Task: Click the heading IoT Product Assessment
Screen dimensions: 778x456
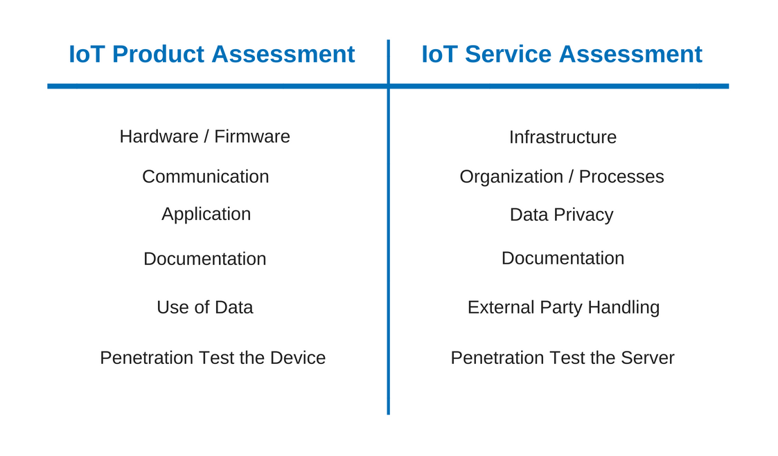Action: [x=212, y=54]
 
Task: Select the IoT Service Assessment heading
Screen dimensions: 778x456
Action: [x=562, y=54]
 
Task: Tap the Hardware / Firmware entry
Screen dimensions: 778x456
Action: [x=205, y=136]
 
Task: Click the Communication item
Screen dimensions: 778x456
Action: [x=206, y=176]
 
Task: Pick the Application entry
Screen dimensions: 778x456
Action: [x=206, y=215]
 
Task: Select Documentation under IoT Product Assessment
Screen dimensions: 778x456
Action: [x=205, y=259]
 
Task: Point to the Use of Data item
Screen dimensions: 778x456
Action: [x=205, y=307]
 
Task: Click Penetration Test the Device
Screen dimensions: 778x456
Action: [x=213, y=358]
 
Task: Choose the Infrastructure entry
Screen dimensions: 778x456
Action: [x=563, y=137]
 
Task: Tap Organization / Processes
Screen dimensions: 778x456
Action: [x=562, y=177]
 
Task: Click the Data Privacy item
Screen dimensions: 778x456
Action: [x=562, y=215]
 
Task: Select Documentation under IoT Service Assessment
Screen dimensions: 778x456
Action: [x=563, y=258]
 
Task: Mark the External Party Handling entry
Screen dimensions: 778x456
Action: [x=564, y=308]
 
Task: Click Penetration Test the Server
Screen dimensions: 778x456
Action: [x=563, y=358]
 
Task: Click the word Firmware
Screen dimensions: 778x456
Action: [x=252, y=136]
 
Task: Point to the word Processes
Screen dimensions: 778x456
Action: [x=621, y=177]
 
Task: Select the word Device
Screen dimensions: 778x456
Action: [x=298, y=358]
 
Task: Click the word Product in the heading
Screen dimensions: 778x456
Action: [x=158, y=54]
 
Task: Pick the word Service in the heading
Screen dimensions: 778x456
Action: [x=508, y=54]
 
